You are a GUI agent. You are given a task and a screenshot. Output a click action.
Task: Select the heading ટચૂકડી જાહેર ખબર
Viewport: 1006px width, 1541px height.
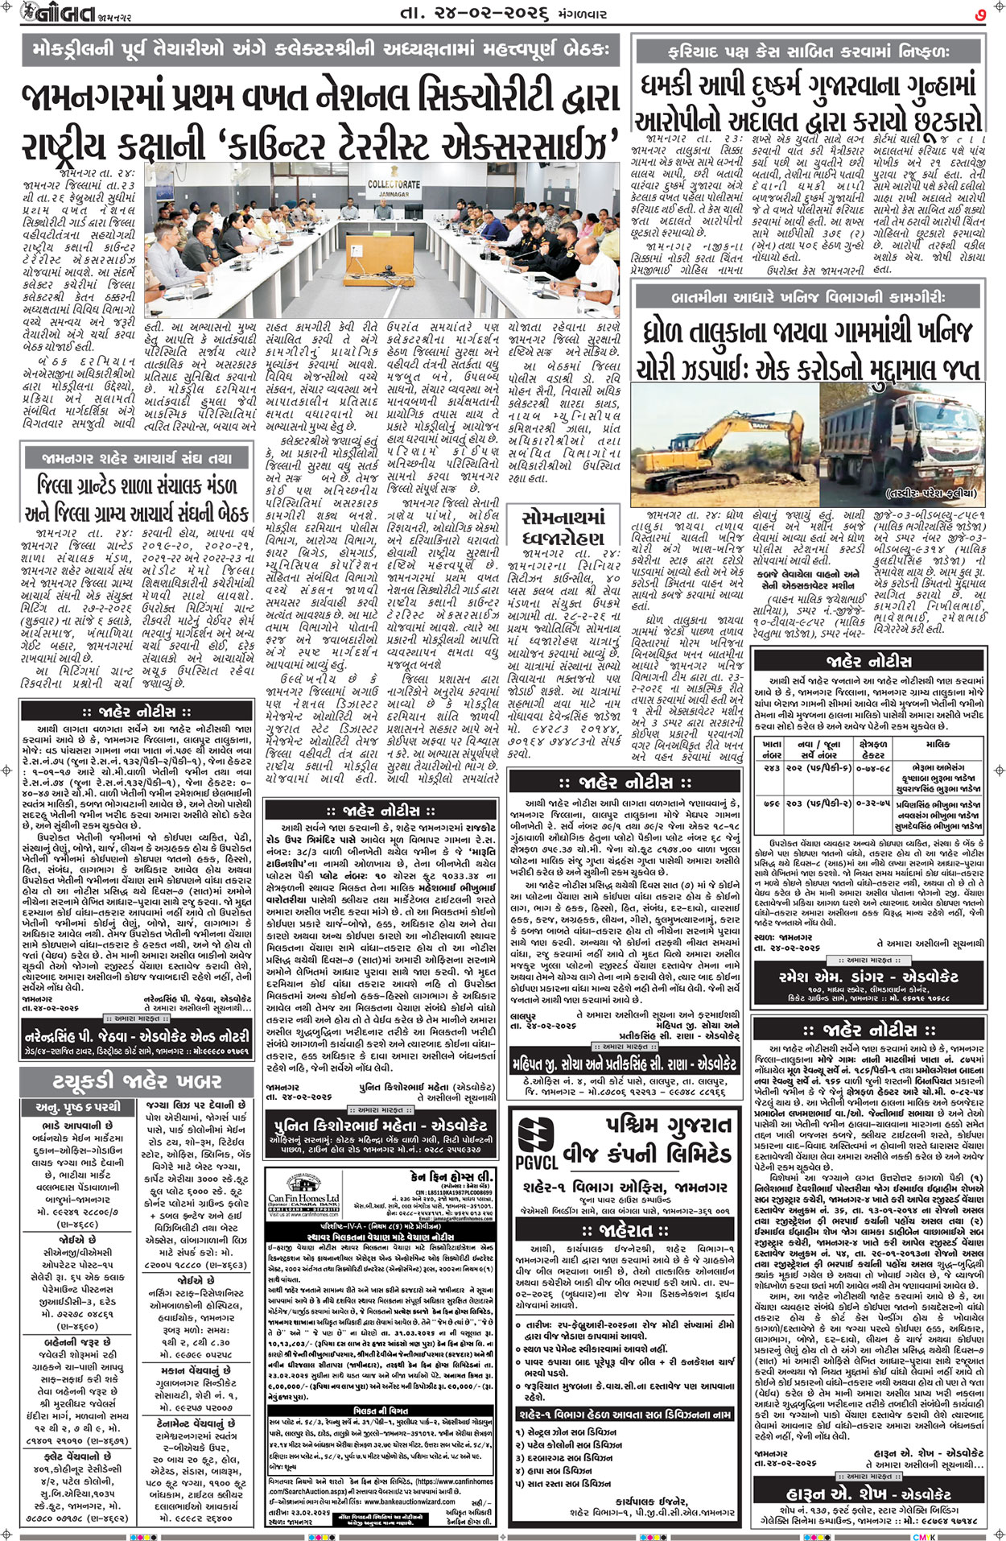click(138, 1080)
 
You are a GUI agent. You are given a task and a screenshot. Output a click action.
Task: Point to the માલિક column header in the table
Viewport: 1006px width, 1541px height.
click(938, 746)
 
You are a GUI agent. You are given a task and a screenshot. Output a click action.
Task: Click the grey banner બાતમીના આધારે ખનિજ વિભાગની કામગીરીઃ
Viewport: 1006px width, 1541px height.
click(810, 297)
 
